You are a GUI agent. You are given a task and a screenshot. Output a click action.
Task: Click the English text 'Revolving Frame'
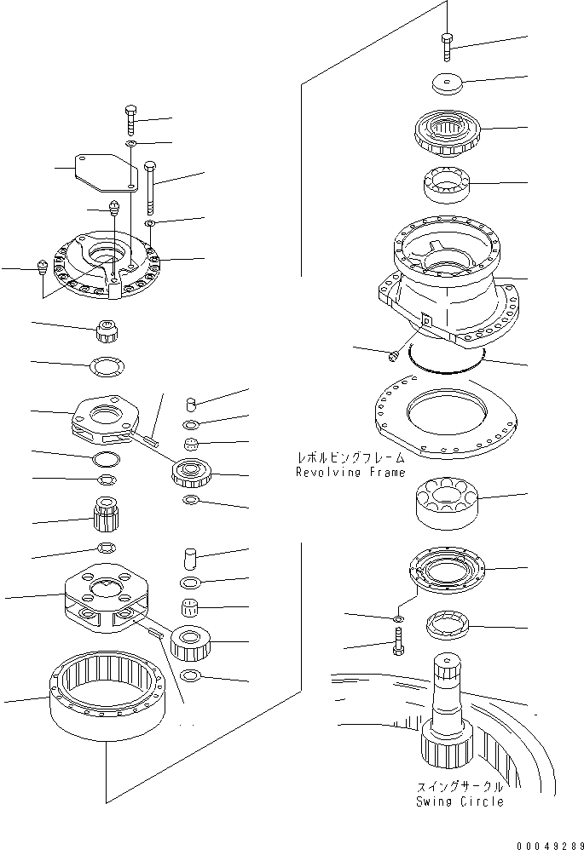(x=350, y=472)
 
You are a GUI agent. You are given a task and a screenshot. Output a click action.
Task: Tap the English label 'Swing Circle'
(x=460, y=801)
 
